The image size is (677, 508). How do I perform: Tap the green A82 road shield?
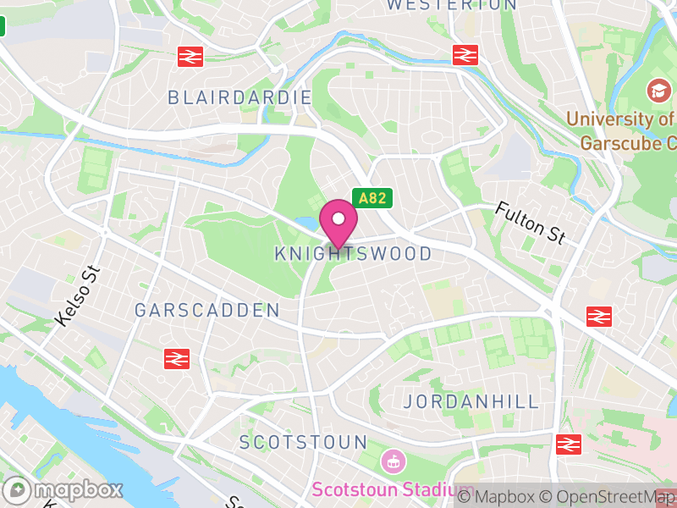click(x=372, y=199)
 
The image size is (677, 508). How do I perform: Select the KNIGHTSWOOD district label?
click(x=353, y=254)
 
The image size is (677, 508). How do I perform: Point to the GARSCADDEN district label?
click(x=206, y=311)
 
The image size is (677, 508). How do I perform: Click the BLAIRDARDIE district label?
click(x=239, y=97)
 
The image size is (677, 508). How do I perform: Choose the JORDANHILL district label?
click(x=471, y=401)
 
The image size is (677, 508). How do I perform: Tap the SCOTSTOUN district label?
click(x=303, y=442)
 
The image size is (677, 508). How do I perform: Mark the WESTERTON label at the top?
click(x=451, y=5)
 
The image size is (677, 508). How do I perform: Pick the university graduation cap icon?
click(x=657, y=90)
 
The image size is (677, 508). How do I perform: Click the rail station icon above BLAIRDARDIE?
click(x=190, y=57)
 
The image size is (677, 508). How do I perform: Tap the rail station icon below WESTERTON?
click(x=465, y=55)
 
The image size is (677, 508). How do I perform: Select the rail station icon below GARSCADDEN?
click(x=177, y=358)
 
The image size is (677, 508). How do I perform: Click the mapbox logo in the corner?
click(x=63, y=489)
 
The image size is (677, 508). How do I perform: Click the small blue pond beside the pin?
click(x=306, y=224)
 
